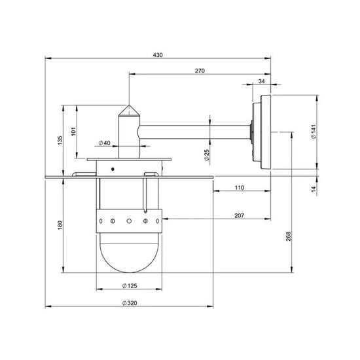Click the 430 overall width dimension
157,55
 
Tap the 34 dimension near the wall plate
262,81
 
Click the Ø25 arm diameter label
206,154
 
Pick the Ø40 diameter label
103,143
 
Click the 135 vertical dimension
59,140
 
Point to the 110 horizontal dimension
239,188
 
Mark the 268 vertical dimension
288,237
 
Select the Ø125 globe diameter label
128,285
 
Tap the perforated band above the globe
128,221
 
